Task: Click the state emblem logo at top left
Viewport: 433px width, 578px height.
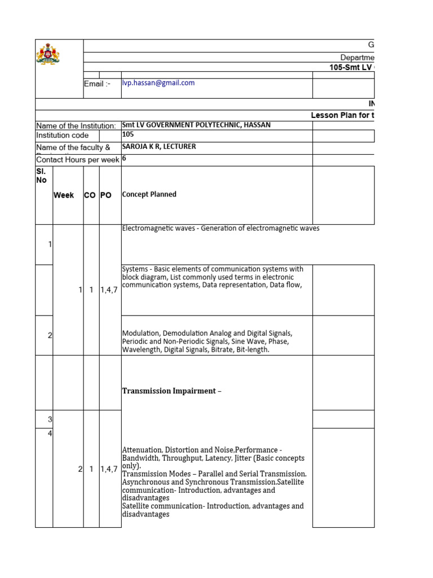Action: tap(48, 55)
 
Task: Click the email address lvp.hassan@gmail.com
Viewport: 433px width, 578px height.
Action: tap(158, 83)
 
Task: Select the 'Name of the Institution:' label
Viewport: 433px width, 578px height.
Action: tap(76, 126)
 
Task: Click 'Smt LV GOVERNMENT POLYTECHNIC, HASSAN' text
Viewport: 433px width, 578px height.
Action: tap(196, 125)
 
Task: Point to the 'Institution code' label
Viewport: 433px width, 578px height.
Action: tap(62, 135)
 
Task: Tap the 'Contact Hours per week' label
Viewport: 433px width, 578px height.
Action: tap(77, 160)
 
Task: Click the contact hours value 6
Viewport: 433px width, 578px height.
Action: tap(124, 159)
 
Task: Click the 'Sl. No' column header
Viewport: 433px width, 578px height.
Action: tap(41, 175)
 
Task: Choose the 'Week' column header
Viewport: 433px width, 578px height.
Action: tap(64, 195)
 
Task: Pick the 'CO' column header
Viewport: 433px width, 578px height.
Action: tap(90, 195)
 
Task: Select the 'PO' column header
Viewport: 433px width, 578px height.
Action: tap(106, 195)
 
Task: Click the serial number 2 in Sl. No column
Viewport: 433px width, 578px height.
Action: tap(50, 335)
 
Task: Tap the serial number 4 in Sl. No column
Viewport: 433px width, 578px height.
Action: tap(50, 433)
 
